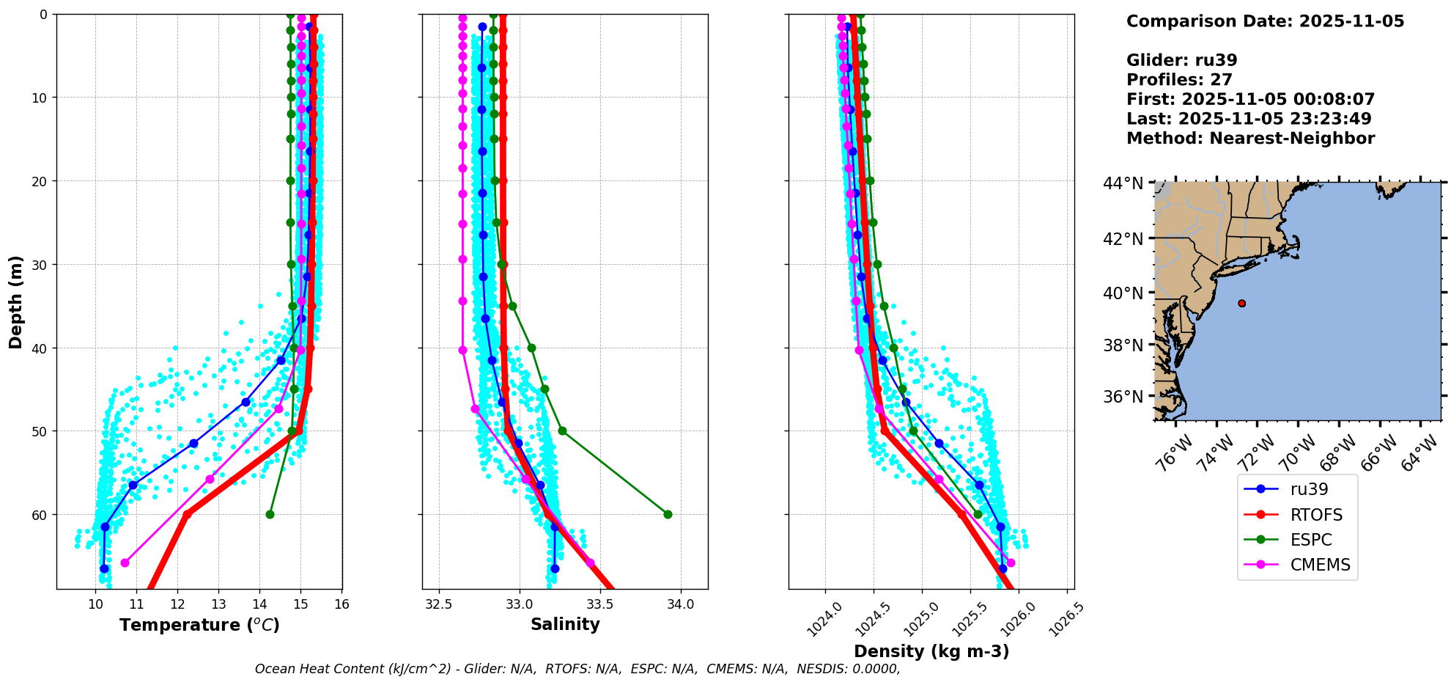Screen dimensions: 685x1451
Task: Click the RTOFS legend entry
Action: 1316,515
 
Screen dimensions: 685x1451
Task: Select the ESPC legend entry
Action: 1311,540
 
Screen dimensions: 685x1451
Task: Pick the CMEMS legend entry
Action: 1320,565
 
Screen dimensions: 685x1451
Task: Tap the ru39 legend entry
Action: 1309,490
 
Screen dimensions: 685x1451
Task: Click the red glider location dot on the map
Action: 1241,303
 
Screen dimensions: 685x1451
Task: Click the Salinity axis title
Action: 565,624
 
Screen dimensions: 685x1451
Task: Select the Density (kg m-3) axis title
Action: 931,651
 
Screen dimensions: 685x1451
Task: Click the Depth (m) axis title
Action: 16,301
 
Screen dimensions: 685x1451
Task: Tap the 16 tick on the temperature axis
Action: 341,604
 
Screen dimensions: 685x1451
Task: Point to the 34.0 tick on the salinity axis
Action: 681,604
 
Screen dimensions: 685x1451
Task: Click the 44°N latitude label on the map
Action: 1123,183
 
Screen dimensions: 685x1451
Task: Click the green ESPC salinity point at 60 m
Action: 668,514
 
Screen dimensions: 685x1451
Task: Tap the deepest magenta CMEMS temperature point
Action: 125,563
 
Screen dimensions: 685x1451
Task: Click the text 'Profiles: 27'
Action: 1179,80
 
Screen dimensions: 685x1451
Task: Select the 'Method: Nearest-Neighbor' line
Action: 1250,139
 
